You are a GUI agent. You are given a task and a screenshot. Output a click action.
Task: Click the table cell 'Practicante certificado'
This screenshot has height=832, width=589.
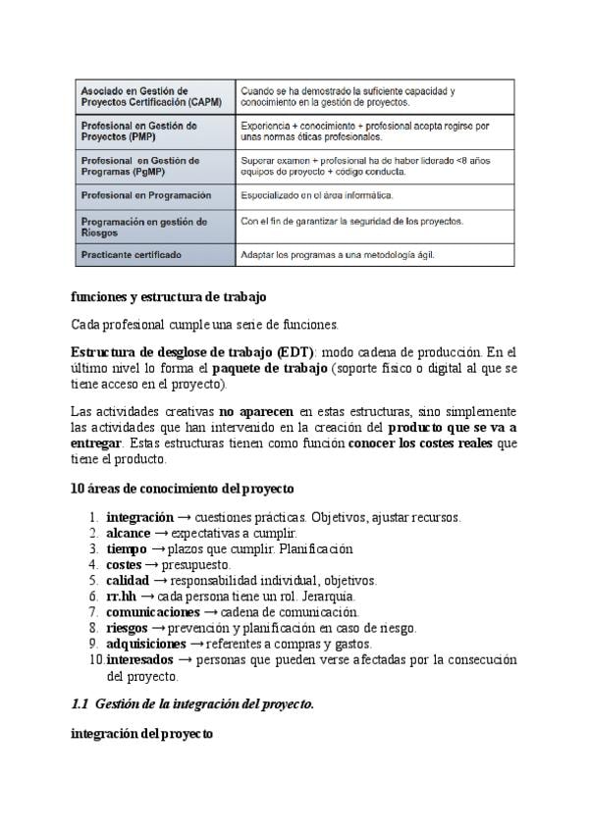[131, 255]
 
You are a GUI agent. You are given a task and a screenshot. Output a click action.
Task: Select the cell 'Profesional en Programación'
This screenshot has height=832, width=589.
[145, 195]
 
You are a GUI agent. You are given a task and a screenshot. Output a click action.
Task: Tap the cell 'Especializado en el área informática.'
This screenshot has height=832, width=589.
[316, 195]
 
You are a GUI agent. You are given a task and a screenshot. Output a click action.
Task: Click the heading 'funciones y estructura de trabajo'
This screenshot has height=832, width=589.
[169, 296]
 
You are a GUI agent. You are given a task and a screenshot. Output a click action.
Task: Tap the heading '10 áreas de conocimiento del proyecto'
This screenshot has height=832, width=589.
[182, 488]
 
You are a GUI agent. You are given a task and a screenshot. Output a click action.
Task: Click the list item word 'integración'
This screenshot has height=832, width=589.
[139, 517]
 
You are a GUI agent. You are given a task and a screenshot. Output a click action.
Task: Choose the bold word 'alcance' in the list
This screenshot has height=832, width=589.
[129, 533]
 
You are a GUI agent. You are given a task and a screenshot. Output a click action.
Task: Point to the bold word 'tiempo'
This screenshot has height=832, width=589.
[127, 548]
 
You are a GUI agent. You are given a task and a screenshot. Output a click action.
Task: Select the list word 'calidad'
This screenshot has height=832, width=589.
[128, 581]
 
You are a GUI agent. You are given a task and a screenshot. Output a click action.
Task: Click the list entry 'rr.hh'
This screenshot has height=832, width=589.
[122, 597]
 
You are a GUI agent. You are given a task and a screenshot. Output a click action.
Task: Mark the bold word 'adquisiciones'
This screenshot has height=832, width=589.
[146, 644]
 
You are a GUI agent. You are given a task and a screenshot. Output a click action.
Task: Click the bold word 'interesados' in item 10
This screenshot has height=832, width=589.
[141, 660]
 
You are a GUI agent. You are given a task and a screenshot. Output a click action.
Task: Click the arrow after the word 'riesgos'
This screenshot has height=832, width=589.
[158, 628]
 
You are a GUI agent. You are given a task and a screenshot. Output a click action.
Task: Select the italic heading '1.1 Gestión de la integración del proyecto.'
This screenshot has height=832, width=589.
[192, 703]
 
